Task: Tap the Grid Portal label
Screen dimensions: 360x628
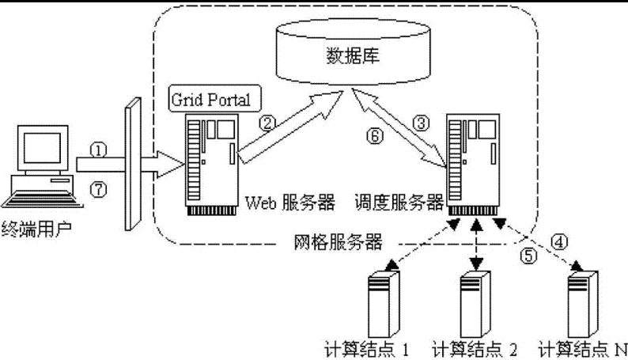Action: coord(210,100)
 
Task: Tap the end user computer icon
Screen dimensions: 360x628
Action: coord(38,166)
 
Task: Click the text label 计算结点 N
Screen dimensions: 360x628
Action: coord(582,348)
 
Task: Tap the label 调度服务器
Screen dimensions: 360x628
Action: coord(397,203)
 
